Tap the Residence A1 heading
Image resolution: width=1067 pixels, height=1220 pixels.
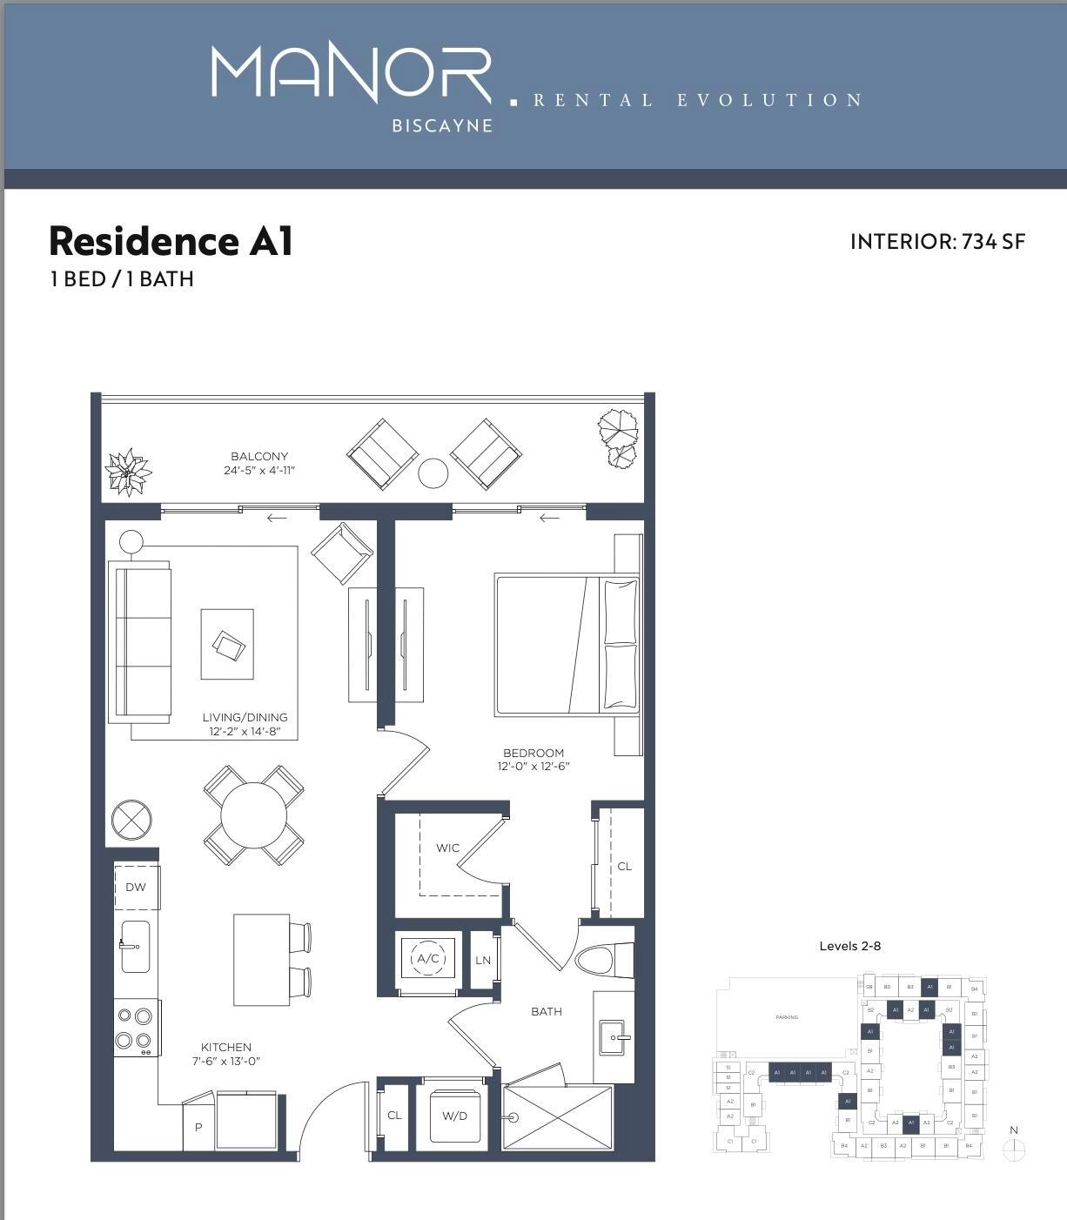coord(171,241)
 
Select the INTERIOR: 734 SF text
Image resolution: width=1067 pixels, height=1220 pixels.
coord(937,242)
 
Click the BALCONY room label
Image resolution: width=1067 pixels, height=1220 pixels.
coord(259,456)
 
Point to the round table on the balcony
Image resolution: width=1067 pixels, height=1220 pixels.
coord(433,473)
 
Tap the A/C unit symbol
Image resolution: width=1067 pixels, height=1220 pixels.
coord(427,959)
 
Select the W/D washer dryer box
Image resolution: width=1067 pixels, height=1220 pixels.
coord(455,1116)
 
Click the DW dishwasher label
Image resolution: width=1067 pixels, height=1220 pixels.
coord(136,887)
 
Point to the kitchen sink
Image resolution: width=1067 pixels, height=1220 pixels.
coord(135,946)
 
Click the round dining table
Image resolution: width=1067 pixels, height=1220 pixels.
coord(253,815)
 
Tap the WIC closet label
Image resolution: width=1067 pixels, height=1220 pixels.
coord(447,848)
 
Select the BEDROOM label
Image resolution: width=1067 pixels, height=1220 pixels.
coord(533,753)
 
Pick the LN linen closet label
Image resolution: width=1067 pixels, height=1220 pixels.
coord(483,961)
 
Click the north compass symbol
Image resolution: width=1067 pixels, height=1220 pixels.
coord(1014,1150)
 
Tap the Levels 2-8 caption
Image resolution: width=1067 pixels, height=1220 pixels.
coord(849,946)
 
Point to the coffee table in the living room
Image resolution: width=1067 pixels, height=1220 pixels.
coord(227,644)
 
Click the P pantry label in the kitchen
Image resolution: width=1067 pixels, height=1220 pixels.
coord(198,1127)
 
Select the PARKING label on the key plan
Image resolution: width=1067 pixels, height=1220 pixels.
coord(786,1016)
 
